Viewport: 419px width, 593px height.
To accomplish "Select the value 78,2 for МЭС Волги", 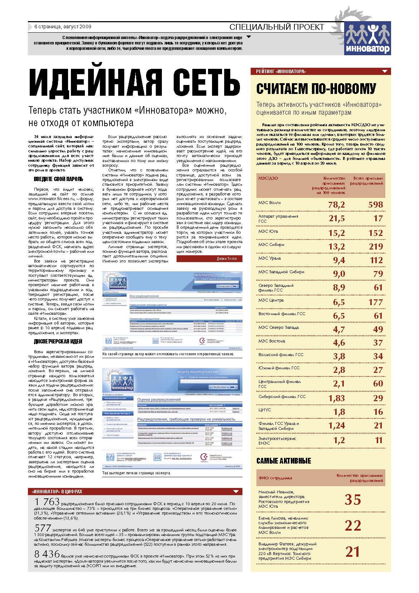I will pyautogui.click(x=336, y=205).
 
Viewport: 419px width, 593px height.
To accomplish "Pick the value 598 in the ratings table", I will pyautogui.click(x=375, y=205).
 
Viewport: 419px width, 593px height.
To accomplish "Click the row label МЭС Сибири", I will pyautogui.click(x=271, y=245).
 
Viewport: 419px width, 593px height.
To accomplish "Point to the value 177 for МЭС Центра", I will pyautogui.click(x=375, y=302).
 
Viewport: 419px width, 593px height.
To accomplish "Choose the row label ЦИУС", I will pyautogui.click(x=265, y=410).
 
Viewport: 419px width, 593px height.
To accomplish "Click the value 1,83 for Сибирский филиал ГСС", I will pyautogui.click(x=336, y=398).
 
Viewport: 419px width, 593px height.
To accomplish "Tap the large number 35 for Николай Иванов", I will pyautogui.click(x=352, y=499).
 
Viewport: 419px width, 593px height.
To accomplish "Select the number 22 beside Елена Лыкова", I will pyautogui.click(x=352, y=526).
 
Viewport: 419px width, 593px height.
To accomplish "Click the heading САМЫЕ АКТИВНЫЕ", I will pyautogui.click(x=284, y=461).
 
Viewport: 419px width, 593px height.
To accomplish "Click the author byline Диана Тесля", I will pyautogui.click(x=226, y=258).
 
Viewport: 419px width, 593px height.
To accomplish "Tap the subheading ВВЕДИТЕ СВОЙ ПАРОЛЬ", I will pyautogui.click(x=58, y=179).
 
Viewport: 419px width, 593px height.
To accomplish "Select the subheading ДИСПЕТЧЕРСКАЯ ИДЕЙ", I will pyautogui.click(x=58, y=341).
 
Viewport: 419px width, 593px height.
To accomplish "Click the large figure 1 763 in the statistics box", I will pyautogui.click(x=47, y=502).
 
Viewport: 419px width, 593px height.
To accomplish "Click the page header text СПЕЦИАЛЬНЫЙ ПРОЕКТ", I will pyautogui.click(x=276, y=27).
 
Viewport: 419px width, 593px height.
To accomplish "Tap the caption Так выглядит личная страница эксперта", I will pyautogui.click(x=136, y=473).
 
